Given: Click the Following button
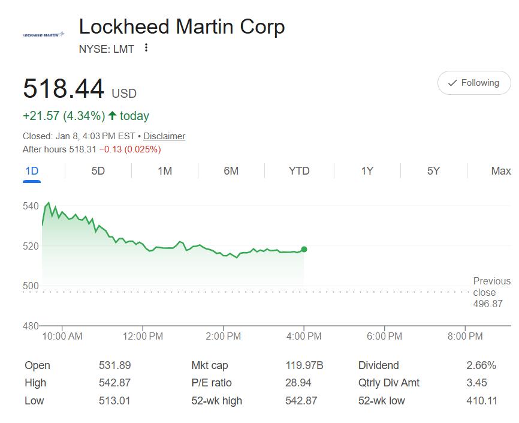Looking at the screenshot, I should [x=473, y=83].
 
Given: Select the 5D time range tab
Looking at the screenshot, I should [x=98, y=171].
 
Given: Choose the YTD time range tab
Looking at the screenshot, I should [x=299, y=171].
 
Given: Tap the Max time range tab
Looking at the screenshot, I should [x=500, y=171].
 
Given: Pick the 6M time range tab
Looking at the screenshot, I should [x=231, y=171].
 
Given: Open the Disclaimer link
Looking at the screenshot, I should [x=164, y=136].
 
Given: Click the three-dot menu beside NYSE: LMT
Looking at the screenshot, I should [x=146, y=48].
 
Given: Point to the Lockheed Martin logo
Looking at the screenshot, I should [x=43, y=35].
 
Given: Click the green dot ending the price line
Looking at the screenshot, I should [x=304, y=249].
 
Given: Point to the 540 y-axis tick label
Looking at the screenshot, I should [x=31, y=206].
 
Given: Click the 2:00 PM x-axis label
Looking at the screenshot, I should [x=224, y=336].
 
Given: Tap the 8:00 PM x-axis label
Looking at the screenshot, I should [x=465, y=336].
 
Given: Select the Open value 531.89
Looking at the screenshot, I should [x=114, y=365].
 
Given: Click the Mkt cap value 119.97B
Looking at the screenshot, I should [x=304, y=365].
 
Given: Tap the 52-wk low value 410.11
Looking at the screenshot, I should [x=482, y=400].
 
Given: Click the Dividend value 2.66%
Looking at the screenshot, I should [x=481, y=365].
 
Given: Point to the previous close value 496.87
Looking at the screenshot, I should [x=488, y=304].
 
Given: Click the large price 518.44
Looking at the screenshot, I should [x=64, y=89].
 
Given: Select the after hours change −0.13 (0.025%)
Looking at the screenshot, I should [x=130, y=149].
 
